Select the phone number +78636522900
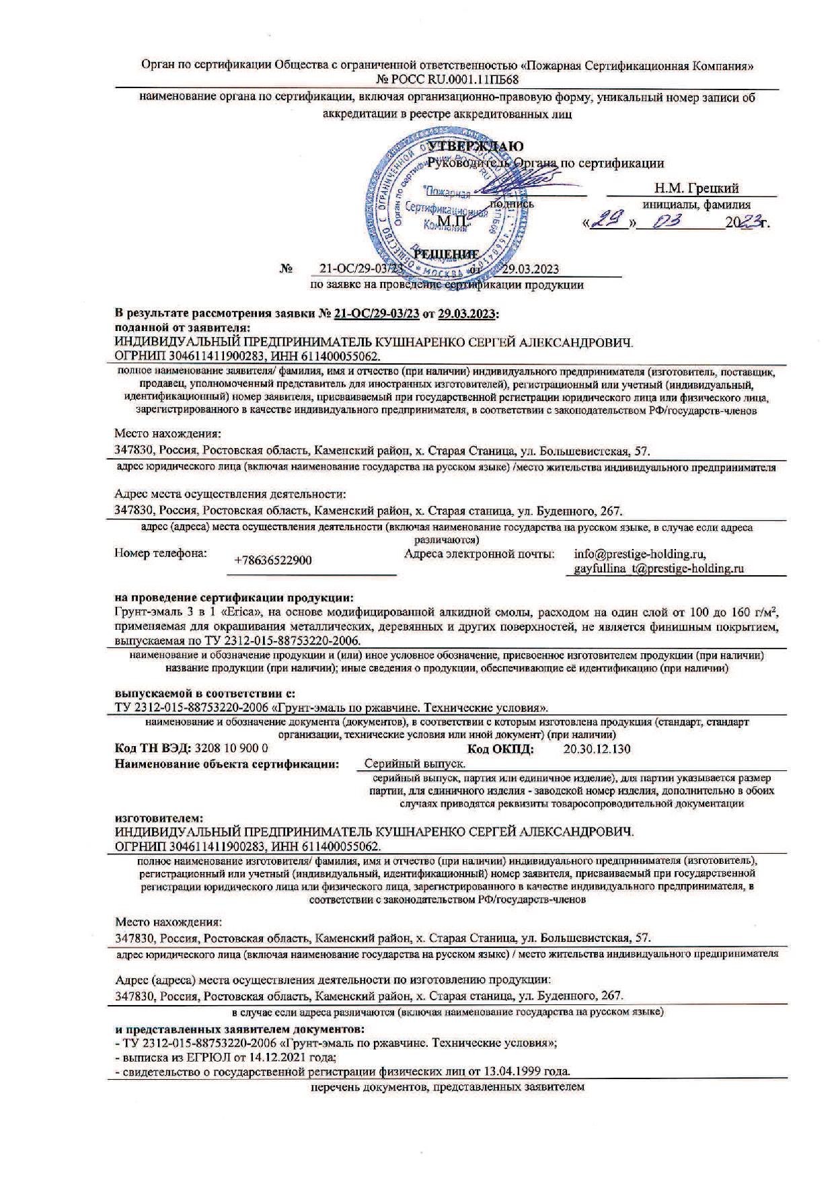click(273, 560)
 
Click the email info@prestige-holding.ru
click(640, 554)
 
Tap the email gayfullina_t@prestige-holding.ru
click(658, 568)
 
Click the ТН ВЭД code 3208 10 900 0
click(231, 748)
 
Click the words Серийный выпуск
click(415, 764)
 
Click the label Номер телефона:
click(160, 554)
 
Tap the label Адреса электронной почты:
click(480, 554)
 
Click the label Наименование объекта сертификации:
click(227, 764)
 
